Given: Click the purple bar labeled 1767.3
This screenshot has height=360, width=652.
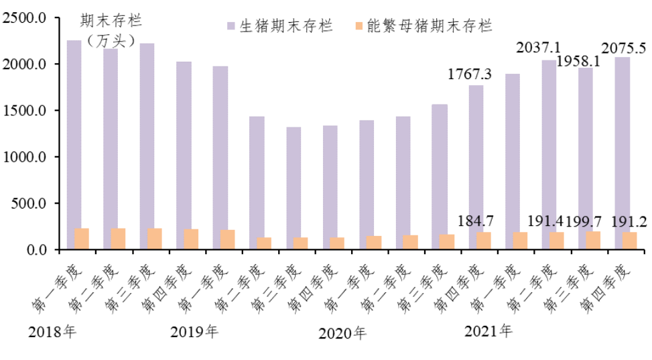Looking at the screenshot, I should [x=476, y=168].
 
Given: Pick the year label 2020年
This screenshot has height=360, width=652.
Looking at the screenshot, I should [x=342, y=333].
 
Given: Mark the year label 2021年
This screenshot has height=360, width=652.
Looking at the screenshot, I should [x=487, y=331].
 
